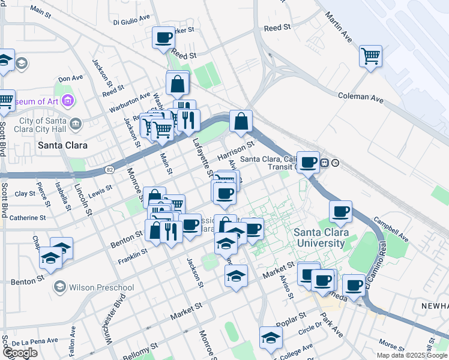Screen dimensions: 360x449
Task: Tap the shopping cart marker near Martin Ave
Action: coord(370,56)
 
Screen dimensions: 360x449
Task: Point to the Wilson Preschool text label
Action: coord(101,287)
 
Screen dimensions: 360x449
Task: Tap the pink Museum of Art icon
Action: coord(67,101)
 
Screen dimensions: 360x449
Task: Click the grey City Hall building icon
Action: coord(76,124)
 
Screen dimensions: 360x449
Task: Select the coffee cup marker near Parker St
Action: coord(163,38)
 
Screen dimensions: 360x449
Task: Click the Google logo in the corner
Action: coord(20,353)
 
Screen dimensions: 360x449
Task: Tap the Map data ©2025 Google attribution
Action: coord(411,355)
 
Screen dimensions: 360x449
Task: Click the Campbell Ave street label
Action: coord(391,229)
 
